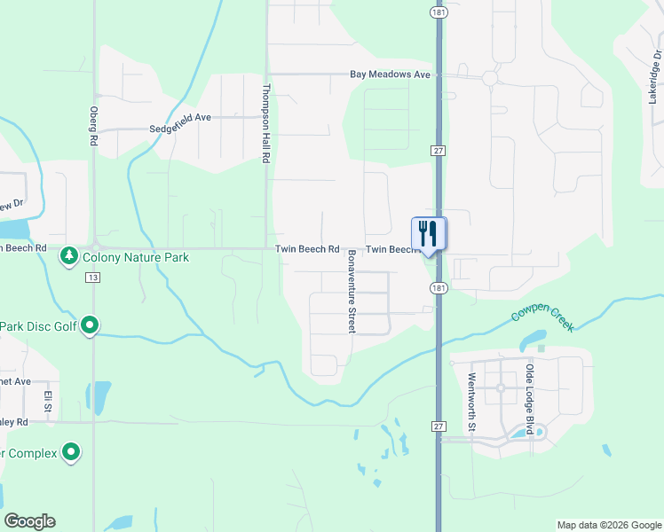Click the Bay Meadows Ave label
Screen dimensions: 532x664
[389, 75]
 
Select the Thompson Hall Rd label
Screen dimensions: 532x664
[265, 123]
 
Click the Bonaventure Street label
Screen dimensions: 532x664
[352, 291]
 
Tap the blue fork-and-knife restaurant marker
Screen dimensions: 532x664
[429, 234]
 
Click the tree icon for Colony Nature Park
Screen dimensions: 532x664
[68, 257]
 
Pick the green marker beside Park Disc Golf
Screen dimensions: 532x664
[90, 325]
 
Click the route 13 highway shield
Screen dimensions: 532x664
[92, 278]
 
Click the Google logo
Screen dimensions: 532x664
[29, 521]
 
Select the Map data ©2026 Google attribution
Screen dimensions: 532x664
[608, 525]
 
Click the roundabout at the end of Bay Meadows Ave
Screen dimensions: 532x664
[489, 78]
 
